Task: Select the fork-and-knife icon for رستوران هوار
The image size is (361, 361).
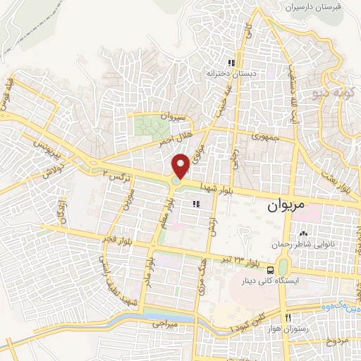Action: tap(287, 317)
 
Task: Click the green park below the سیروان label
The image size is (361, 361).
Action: tap(149, 127)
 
